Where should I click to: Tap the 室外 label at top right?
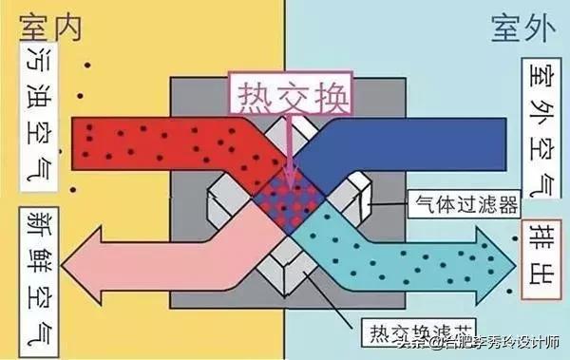tap(522, 26)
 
